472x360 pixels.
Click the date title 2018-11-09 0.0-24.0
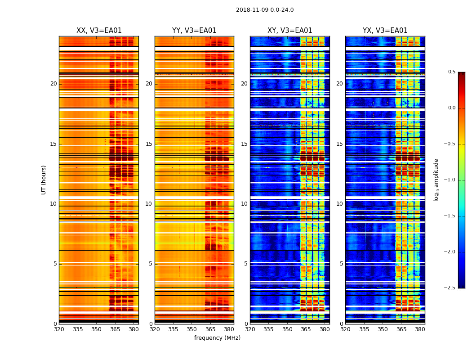(x=265, y=10)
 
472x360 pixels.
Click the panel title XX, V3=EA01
(x=99, y=31)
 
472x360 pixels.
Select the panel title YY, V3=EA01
(x=194, y=31)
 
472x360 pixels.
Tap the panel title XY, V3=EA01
(x=290, y=31)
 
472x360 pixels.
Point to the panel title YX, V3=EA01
(x=385, y=31)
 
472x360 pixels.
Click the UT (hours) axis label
(x=44, y=180)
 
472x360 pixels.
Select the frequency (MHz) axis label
(x=217, y=338)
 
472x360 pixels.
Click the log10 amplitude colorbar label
(x=436, y=180)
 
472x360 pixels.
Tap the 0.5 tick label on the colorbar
(x=451, y=72)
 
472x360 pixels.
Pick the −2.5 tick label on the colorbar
(x=450, y=288)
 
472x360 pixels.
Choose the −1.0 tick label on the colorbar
(x=450, y=180)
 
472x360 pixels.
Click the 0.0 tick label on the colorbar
(x=451, y=108)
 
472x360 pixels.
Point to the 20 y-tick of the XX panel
(x=53, y=84)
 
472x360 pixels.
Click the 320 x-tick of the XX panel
(x=59, y=329)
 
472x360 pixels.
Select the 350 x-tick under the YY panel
(x=192, y=329)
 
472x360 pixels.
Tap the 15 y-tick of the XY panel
(x=244, y=144)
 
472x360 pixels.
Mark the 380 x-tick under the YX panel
(x=420, y=329)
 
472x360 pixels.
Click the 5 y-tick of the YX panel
(x=342, y=264)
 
